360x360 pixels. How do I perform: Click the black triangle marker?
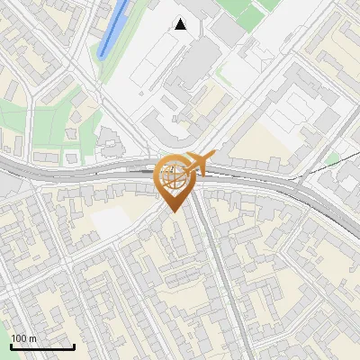pos(181,24)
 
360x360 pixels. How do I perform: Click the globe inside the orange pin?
pos(173,175)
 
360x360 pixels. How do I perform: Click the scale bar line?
pos(42,347)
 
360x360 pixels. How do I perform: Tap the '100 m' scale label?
pos(24,338)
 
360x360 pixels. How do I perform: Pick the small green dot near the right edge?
pos(334,159)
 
